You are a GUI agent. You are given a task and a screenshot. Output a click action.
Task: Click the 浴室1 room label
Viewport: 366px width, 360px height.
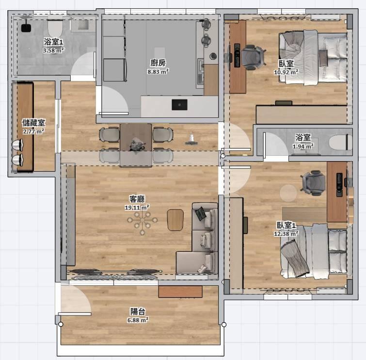53,42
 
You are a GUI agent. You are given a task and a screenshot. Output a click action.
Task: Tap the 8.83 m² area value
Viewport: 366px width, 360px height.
158,71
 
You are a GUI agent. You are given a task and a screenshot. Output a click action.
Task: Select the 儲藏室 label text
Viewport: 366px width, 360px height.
33,123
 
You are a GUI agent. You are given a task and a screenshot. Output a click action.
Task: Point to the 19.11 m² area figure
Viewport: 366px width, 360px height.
137,207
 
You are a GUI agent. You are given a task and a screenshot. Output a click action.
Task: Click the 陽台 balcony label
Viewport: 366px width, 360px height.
138,311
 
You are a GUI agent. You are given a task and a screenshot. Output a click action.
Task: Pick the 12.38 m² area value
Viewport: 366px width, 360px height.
286,234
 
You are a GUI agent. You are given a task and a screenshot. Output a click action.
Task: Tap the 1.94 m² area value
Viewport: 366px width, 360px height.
303,146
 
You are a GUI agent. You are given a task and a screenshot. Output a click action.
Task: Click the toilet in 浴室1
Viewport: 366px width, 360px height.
55,28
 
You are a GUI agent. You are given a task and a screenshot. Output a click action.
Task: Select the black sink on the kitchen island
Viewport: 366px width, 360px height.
179,105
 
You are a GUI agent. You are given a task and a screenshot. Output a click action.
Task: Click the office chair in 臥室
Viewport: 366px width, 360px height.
253,57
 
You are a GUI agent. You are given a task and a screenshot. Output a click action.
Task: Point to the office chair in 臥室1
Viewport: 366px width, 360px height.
313,183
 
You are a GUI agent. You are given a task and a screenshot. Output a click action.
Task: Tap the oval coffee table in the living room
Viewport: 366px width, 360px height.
175,220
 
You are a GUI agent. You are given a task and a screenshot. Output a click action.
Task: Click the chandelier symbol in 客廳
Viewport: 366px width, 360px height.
142,220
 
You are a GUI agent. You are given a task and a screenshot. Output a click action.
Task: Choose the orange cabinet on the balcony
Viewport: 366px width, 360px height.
180,292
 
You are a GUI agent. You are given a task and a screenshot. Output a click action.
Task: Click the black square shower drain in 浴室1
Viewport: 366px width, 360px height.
26,28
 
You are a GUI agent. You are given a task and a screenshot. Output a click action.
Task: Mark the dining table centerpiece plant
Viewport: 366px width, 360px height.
138,144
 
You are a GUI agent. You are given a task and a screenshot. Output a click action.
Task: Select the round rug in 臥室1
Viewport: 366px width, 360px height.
288,193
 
